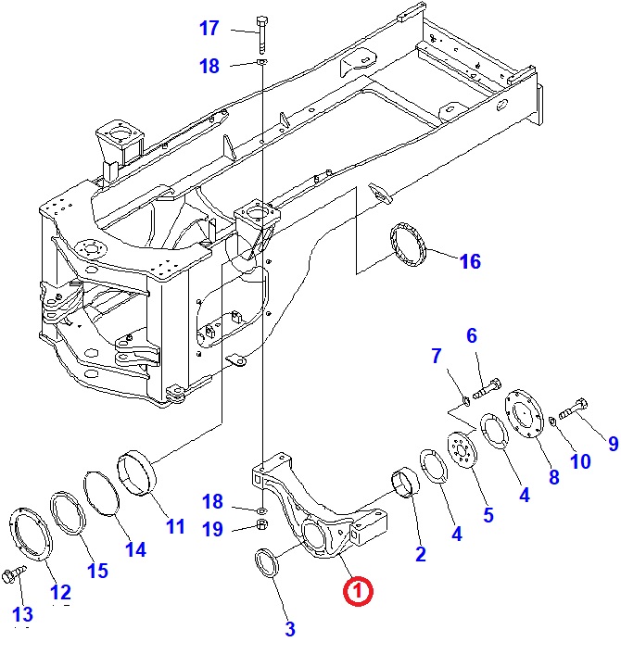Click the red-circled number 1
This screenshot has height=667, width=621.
pos(359,590)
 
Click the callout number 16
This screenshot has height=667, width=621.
pos(470,262)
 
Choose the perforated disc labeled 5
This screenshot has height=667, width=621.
pos(460,454)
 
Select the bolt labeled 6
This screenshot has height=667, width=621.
pos(486,390)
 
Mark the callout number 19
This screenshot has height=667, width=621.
pos(212,530)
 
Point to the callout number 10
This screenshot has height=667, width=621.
pos(580,461)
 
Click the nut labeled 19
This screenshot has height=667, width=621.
pos(261,526)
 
